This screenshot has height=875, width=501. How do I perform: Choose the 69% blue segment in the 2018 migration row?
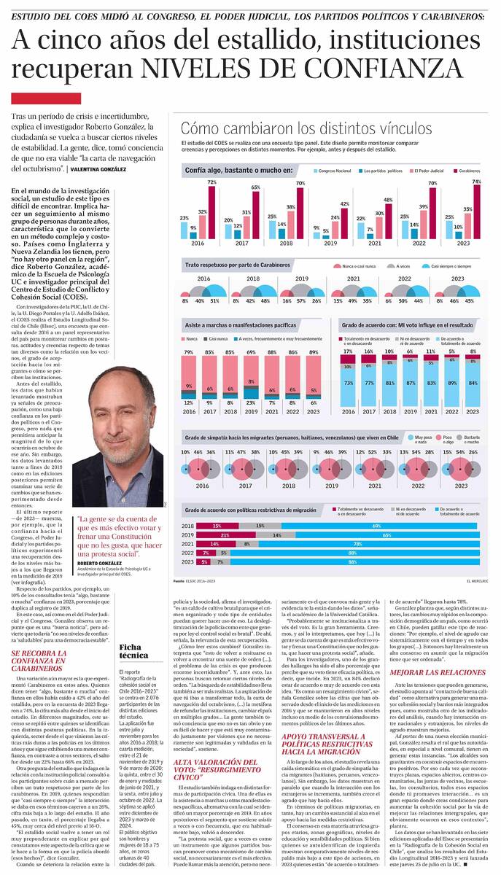click(376, 526)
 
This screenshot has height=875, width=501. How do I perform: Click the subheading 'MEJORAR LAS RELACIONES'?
click(436, 670)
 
